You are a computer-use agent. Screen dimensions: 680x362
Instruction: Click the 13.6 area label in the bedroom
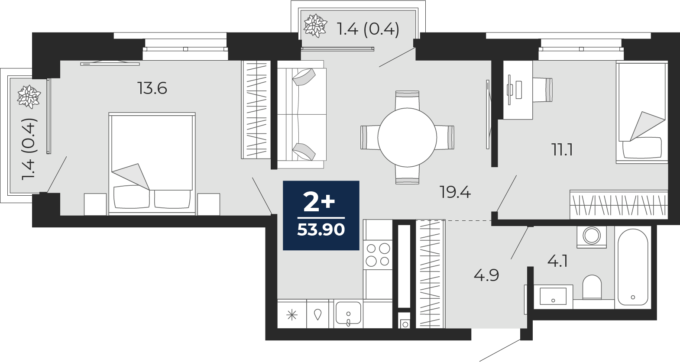point(152,88)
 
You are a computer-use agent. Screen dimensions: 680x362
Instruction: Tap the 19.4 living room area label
point(455,192)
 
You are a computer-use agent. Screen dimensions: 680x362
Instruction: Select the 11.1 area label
point(562,150)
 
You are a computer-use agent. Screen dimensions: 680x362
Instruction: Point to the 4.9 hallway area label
point(486,275)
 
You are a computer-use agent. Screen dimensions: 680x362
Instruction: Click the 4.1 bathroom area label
point(557,261)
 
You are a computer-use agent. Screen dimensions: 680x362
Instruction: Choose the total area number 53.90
point(321,229)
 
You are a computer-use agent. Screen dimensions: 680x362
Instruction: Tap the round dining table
point(407,137)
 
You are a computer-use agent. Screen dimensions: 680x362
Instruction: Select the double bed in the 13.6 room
point(152,164)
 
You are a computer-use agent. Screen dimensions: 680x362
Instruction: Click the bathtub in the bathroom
point(633,267)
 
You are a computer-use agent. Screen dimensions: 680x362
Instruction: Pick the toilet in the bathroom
point(592,287)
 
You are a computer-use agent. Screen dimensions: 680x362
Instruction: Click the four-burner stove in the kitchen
point(378,255)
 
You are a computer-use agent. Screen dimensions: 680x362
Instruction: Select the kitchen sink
point(348,314)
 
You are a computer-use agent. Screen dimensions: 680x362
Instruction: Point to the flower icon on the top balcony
point(315,26)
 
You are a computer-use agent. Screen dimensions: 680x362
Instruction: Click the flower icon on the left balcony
point(29,97)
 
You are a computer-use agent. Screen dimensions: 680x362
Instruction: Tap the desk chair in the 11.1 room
point(542,90)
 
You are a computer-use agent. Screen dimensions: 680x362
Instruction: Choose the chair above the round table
point(407,99)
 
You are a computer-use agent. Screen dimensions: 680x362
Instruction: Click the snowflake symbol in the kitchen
point(292,315)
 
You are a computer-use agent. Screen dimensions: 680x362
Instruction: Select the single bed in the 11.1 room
point(642,112)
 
